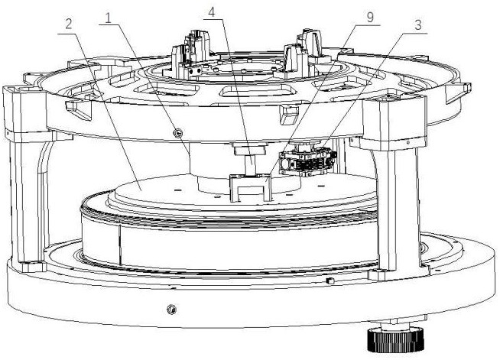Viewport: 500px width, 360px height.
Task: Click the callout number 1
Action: (x=109, y=18)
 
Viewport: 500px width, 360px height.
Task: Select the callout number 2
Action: (x=69, y=24)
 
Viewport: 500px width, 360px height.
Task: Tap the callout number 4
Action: (x=212, y=12)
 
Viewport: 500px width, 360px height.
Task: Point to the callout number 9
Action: (x=370, y=18)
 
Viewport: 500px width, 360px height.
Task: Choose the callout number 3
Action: (x=418, y=25)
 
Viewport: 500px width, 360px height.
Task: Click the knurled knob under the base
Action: (x=396, y=340)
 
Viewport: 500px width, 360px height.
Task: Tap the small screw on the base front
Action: (x=171, y=309)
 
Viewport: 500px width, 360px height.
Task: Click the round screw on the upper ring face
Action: (x=177, y=132)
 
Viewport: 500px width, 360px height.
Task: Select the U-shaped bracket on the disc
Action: (x=251, y=187)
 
